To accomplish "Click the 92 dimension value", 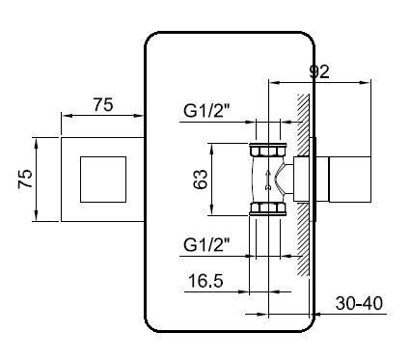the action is (319, 71).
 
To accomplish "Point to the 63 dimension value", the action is (200, 180).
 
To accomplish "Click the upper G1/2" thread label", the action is (207, 111).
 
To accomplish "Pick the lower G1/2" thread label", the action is (207, 245).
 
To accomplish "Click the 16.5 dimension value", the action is (205, 281).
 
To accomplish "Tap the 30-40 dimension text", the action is (359, 303).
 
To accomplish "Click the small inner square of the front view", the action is (103, 180).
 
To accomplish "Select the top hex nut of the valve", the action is (268, 150).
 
